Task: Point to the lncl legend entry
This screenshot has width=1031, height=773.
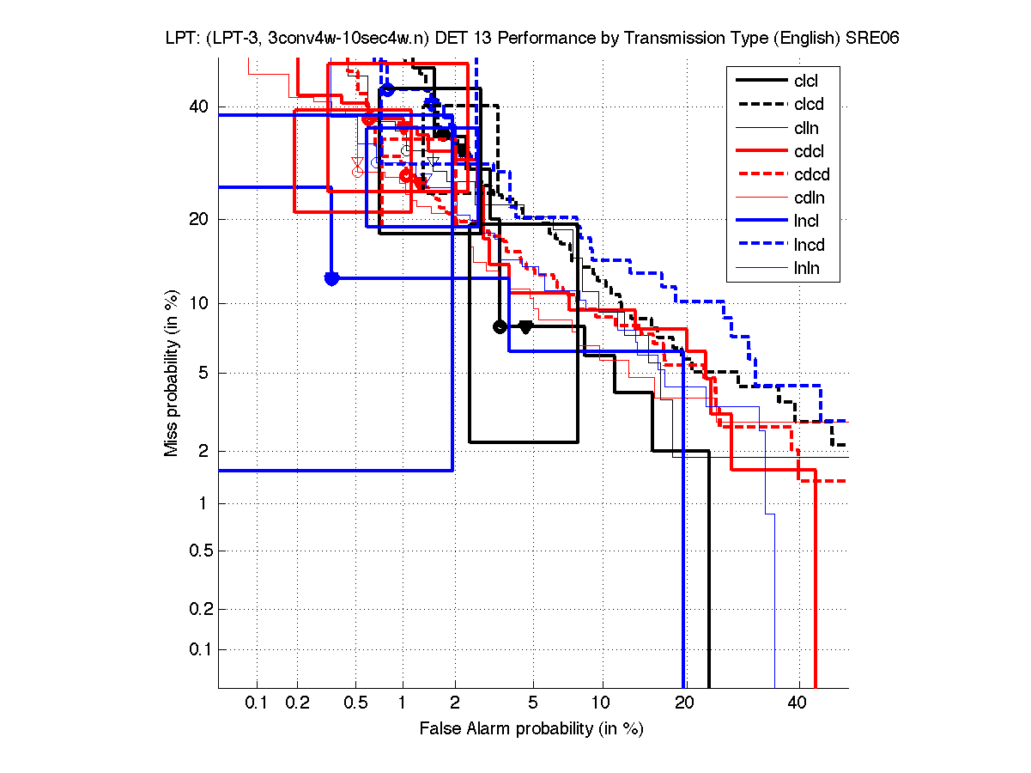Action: click(x=806, y=222)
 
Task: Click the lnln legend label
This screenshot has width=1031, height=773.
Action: click(x=806, y=268)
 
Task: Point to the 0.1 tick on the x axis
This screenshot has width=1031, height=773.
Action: click(x=257, y=703)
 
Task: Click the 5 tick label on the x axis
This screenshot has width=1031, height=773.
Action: click(x=533, y=703)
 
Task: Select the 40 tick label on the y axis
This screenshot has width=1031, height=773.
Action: click(x=199, y=107)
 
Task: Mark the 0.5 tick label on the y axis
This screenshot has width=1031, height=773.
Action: click(x=197, y=551)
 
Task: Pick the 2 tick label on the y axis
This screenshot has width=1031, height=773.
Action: click(x=204, y=451)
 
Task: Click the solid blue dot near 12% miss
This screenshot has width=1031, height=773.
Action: click(x=331, y=278)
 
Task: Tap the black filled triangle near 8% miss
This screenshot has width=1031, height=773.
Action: click(x=526, y=326)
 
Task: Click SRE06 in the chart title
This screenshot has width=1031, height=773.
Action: click(x=872, y=39)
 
